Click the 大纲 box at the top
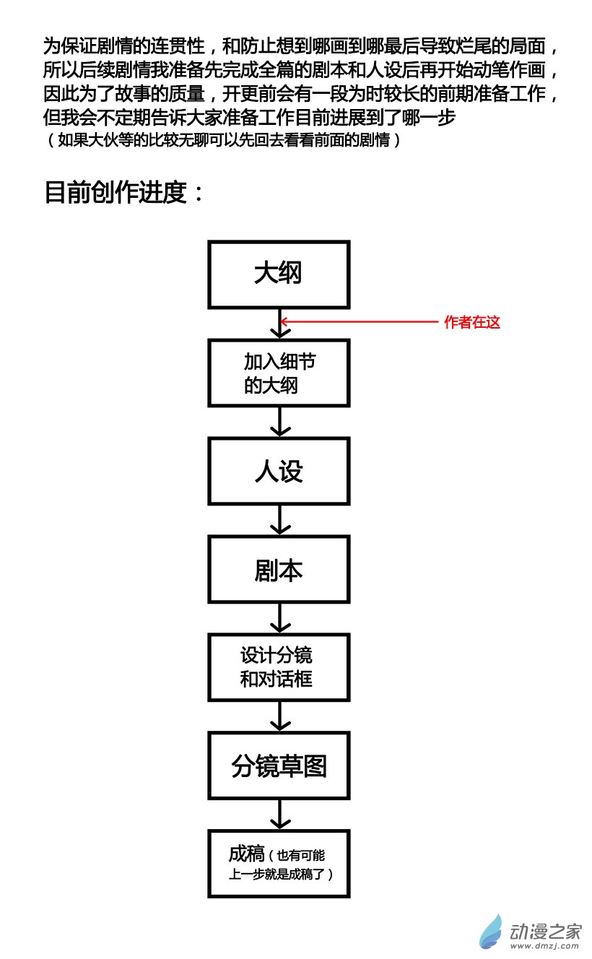279,274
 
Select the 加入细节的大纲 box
279,373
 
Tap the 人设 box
279,472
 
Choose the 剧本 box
279,570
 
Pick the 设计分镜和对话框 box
279,667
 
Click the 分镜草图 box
279,765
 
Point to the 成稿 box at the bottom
279,864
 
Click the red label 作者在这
472,323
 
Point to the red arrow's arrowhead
284,322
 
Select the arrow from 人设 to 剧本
279,520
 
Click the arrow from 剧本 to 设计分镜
279,618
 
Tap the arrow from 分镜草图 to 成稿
279,815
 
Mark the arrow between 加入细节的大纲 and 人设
279,421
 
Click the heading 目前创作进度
124,192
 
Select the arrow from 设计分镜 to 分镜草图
279,716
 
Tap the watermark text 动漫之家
545,928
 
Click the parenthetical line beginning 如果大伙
224,140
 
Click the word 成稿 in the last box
247,854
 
